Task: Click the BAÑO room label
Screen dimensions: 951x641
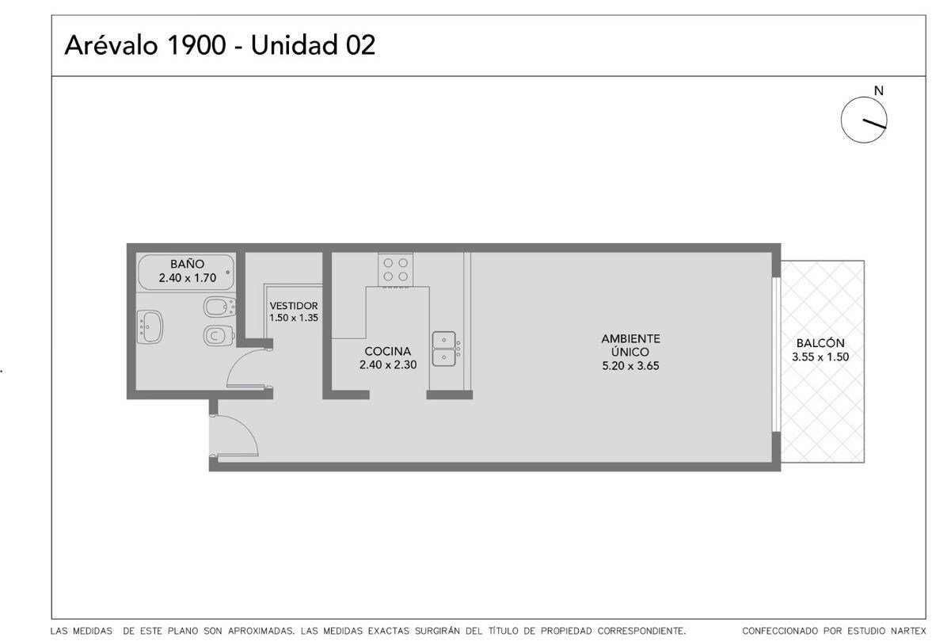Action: coord(187,264)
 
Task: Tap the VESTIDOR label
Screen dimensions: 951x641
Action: coord(293,305)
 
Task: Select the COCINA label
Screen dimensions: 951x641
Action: coord(388,351)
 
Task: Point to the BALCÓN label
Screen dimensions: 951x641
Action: coord(820,343)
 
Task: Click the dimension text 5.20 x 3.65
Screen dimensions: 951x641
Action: coord(630,366)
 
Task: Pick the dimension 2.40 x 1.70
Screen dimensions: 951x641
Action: coord(187,278)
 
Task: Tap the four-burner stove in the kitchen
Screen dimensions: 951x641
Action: coord(395,269)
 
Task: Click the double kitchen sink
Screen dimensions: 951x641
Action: coord(444,349)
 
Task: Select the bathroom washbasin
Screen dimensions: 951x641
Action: coord(150,326)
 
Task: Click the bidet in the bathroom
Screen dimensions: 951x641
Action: coord(219,307)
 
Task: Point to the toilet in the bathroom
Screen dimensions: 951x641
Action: coord(219,336)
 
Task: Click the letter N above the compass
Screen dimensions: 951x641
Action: coord(879,90)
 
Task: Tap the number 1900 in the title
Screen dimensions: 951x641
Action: coord(196,45)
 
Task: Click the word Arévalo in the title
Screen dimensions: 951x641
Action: coord(111,44)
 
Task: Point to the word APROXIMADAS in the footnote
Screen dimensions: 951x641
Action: coord(261,631)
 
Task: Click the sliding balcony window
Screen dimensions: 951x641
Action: coord(776,354)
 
